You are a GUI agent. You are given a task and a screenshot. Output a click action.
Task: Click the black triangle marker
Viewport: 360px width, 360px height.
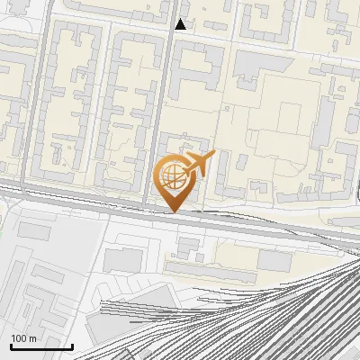click(181, 24)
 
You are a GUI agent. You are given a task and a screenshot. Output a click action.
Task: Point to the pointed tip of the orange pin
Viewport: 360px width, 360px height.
click(173, 211)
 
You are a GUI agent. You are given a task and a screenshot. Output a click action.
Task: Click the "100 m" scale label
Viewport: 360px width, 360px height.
click(23, 337)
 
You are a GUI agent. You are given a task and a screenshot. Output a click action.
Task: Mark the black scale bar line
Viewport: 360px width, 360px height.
click(41, 346)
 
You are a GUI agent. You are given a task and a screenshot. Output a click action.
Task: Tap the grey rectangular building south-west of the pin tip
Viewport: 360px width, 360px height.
click(123, 261)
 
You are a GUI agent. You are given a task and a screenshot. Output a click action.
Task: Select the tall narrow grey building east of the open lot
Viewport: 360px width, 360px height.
click(324, 126)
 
